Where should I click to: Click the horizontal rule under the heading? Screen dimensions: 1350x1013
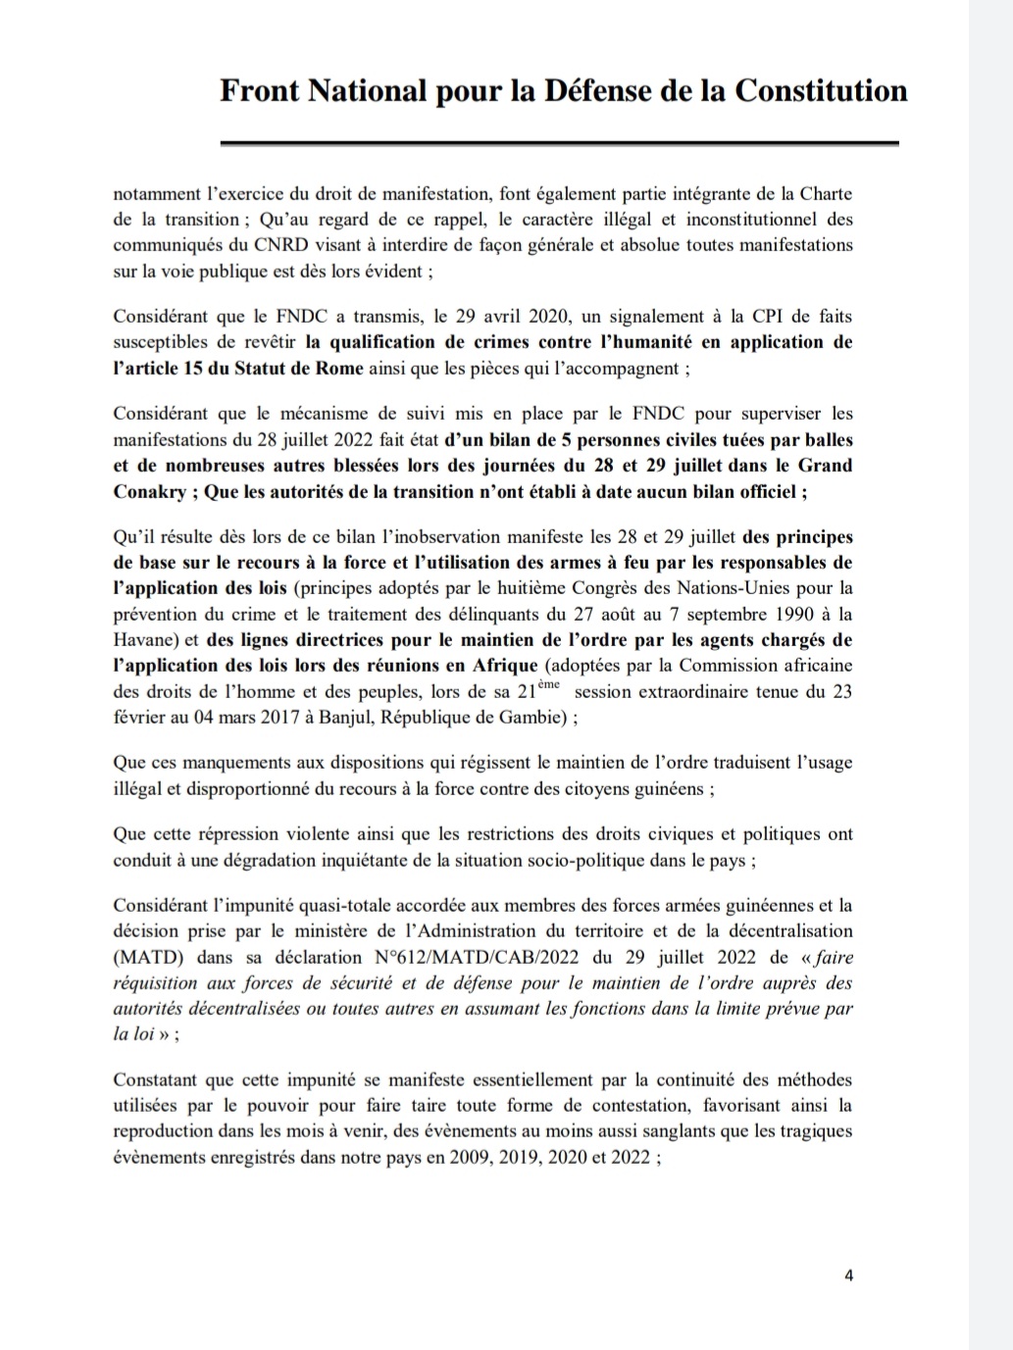click(559, 144)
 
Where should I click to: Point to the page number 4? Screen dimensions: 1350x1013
click(848, 1275)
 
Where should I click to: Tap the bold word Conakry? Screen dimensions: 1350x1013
click(149, 492)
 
